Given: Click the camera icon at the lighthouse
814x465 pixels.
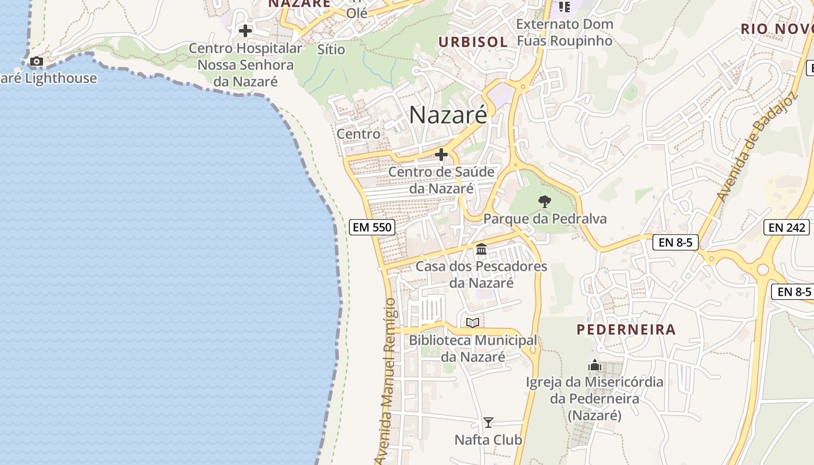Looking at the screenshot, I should pos(36,61).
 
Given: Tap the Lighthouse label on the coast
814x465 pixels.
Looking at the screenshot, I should pos(49,78).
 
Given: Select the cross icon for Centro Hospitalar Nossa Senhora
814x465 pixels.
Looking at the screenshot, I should pos(245,30).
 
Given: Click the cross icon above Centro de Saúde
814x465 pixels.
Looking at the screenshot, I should pos(441,155).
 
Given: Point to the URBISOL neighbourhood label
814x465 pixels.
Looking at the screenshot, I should pos(473,42).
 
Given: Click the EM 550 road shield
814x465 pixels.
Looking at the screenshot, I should pos(373,227).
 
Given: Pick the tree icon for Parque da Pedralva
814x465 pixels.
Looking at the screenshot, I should pos(545,202).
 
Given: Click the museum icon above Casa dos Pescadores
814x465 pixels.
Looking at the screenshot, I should pos(481,249).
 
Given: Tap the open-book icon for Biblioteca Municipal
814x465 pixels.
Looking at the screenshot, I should pos(473,323).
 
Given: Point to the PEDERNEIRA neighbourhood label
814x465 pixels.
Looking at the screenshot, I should pos(626,330).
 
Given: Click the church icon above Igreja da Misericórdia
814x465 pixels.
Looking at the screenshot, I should pos(595,365).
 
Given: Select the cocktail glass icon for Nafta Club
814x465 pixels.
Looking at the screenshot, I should pos(488,423).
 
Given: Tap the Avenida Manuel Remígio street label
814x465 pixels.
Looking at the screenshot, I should pos(390,381).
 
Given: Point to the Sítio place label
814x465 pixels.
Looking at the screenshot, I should pos(331,49).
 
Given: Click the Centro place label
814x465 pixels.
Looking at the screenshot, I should pos(359,134).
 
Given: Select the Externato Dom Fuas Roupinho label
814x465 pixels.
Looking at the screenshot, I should pos(565,33).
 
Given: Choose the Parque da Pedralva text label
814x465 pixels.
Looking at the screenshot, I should pos(545,219).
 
